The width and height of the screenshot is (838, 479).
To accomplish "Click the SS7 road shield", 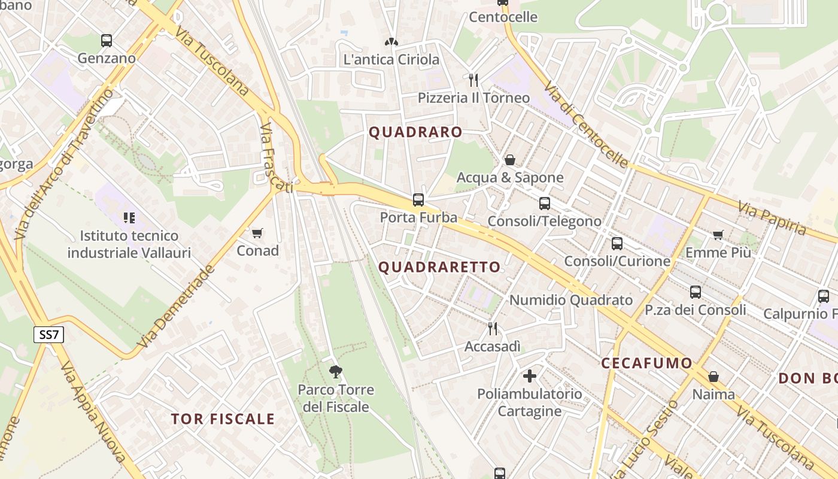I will (48, 335).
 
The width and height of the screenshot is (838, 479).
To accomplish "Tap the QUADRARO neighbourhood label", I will (415, 132).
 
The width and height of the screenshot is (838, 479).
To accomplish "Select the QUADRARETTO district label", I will (440, 267).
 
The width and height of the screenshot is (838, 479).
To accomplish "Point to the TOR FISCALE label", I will (223, 419).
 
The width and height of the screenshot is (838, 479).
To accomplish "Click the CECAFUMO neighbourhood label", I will (646, 363).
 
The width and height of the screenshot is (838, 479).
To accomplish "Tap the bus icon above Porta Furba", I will (418, 200).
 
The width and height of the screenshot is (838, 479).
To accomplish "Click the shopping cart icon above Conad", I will (257, 233).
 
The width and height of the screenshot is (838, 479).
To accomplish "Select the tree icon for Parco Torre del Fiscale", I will (336, 372).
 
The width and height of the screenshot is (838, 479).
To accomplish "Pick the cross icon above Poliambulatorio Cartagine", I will (530, 376).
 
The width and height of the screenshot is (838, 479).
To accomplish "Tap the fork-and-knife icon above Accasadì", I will (492, 329).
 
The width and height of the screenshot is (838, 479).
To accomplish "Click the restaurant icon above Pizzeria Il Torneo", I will (473, 80).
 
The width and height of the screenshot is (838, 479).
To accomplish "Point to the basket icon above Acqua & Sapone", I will (510, 160).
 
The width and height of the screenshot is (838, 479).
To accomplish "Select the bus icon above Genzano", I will (107, 41).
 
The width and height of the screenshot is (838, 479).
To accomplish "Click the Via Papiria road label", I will (772, 219).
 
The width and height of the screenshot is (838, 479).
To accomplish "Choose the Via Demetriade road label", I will (177, 307).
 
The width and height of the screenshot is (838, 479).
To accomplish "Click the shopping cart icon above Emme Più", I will (718, 235).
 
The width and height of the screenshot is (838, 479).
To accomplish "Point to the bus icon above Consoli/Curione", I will (617, 244).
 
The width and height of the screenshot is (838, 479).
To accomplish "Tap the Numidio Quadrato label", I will (570, 300).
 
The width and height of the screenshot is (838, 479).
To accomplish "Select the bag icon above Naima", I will (713, 377).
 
